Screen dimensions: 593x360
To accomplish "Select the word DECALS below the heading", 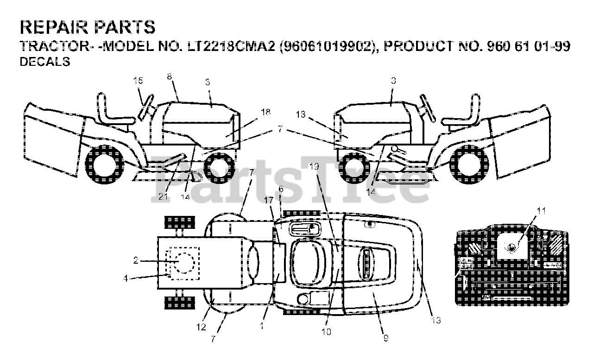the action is coord(45,62).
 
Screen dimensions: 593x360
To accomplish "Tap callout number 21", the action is coord(162,197).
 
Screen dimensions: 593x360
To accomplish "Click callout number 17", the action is coord(269,200).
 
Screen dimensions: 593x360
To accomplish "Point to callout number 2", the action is coord(136,260).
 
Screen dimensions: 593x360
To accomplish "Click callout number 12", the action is coord(200,327).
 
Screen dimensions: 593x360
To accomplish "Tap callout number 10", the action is coord(327,332).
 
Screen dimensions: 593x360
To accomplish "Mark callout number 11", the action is coord(541,211).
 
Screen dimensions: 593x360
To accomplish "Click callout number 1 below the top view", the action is coord(261,326).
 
